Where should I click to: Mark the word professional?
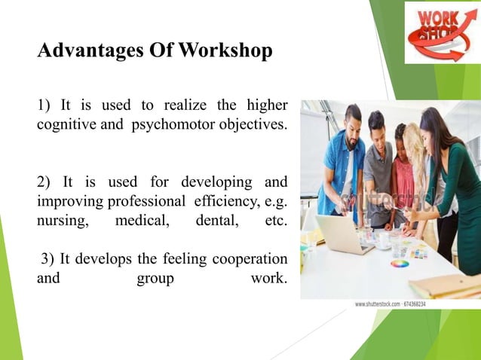tap(148, 202)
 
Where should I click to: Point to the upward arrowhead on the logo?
tap(467, 23)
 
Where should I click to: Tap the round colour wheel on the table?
tap(399, 264)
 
